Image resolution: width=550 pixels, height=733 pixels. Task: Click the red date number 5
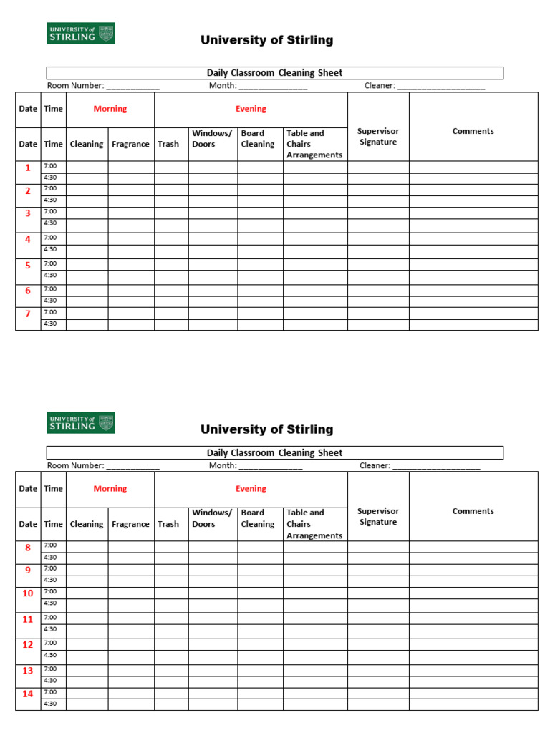[x=28, y=266]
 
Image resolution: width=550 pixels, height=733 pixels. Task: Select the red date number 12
[x=28, y=645]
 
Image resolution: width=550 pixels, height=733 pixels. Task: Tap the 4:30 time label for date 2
[x=50, y=200]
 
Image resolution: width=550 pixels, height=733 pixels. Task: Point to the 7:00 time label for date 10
[x=50, y=591]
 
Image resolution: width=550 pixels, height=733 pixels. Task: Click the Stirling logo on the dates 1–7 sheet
[x=81, y=33]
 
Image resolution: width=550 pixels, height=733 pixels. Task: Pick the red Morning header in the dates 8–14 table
[x=110, y=489]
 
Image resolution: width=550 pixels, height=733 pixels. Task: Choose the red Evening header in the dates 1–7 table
[x=251, y=109]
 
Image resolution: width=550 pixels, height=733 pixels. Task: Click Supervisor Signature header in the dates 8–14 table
[x=378, y=517]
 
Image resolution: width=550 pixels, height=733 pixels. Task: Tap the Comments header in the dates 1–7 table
[x=473, y=131]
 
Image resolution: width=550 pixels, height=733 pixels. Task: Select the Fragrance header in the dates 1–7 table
[x=130, y=144]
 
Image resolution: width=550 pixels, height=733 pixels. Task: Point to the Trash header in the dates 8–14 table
[x=168, y=524]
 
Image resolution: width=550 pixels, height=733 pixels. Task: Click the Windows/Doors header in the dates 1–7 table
[x=212, y=139]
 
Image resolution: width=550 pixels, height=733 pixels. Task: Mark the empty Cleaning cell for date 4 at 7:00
[x=87, y=238]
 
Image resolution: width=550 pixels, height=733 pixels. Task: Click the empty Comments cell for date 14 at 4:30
[x=473, y=704]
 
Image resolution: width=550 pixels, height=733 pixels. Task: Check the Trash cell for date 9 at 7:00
[x=171, y=569]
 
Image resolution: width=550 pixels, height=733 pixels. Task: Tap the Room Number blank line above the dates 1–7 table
[x=132, y=87]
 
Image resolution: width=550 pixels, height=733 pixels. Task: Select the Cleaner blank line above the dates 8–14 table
[x=436, y=466]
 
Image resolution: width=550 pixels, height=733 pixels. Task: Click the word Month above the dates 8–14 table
[x=222, y=466]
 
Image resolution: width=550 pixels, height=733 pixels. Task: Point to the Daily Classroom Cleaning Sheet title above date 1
[x=274, y=73]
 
